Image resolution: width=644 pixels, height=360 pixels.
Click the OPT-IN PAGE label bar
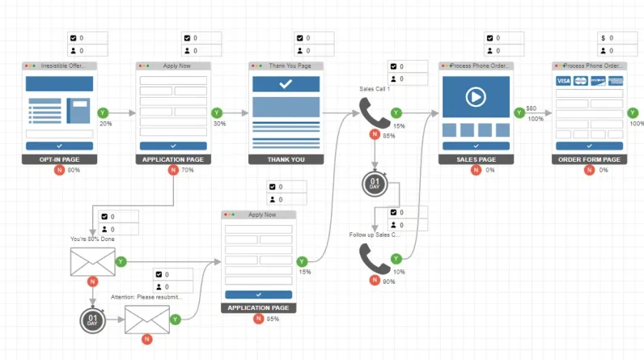click(59, 159)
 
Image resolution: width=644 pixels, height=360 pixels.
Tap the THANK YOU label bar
click(286, 159)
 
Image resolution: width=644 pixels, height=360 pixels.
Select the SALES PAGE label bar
click(477, 159)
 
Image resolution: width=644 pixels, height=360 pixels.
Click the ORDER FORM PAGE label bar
click(589, 159)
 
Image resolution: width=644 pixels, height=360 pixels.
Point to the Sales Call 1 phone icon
click(375, 115)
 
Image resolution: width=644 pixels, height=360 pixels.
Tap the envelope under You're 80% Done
click(93, 262)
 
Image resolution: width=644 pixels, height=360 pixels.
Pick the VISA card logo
click(563, 81)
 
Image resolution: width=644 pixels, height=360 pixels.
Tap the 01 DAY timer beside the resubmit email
click(93, 320)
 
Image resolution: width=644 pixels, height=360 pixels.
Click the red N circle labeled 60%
click(59, 171)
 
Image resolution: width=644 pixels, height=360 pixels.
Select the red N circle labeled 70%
click(172, 171)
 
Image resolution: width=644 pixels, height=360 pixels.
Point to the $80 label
click(531, 108)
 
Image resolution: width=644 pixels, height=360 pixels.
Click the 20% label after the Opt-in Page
click(106, 124)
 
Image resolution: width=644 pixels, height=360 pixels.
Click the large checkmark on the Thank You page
click(286, 84)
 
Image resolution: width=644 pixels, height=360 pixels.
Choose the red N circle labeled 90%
click(375, 281)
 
